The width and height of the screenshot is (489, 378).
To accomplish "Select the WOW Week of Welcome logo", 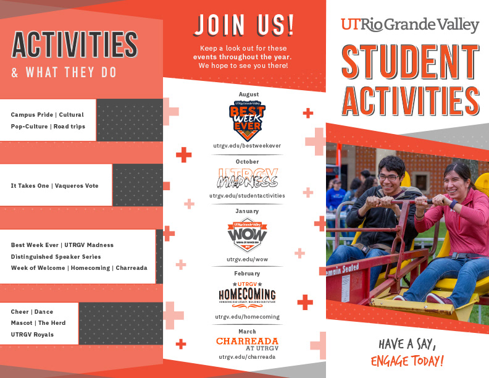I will coord(247,235).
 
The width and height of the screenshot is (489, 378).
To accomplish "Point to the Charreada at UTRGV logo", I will coord(247,343).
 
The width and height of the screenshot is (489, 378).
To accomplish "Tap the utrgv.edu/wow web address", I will coord(247,259).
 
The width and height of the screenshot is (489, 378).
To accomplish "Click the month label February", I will coord(247,273).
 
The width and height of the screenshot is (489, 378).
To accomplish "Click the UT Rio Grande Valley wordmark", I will coord(409,25).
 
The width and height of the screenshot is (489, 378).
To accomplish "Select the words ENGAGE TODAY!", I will coord(407,361).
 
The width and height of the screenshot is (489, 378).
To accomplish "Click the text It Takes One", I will coord(29,186).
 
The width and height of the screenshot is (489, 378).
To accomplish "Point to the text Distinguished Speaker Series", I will coord(56,256).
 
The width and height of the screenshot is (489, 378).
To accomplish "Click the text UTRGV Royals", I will coord(32,335).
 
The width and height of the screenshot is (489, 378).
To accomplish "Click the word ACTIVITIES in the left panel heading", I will coord(75,44).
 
